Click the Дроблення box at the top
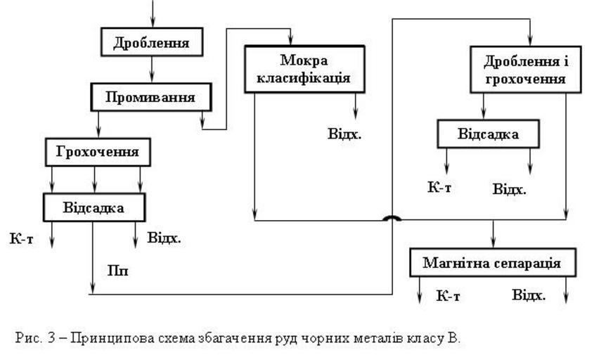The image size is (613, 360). (151, 43)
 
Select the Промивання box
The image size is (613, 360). (150, 97)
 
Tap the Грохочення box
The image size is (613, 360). (98, 151)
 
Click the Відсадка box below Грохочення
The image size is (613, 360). (93, 207)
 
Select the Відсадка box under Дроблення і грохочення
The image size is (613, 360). (489, 134)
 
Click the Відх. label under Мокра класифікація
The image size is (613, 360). (344, 134)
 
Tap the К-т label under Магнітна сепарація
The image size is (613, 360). (448, 295)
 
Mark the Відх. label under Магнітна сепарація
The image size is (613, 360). (529, 295)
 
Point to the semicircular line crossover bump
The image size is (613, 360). (392, 219)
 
